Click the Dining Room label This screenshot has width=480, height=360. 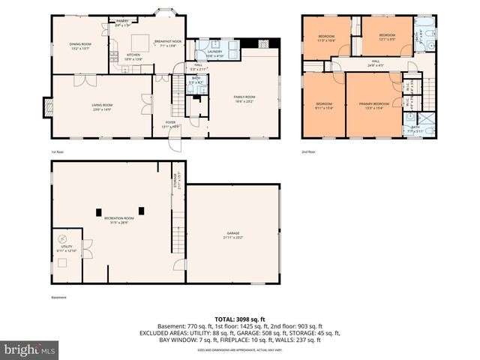pos(80,45)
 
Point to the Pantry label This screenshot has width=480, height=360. pos(121,22)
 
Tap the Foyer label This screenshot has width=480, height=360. pos(171,124)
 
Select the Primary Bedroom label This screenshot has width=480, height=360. pos(376,104)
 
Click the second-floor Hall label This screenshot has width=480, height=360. pos(375,63)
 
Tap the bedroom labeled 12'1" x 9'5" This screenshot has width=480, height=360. pos(386,36)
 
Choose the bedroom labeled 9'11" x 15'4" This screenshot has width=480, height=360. pos(324,104)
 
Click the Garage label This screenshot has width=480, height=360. pos(233,235)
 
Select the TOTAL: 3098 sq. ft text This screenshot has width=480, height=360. pos(240,319)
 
